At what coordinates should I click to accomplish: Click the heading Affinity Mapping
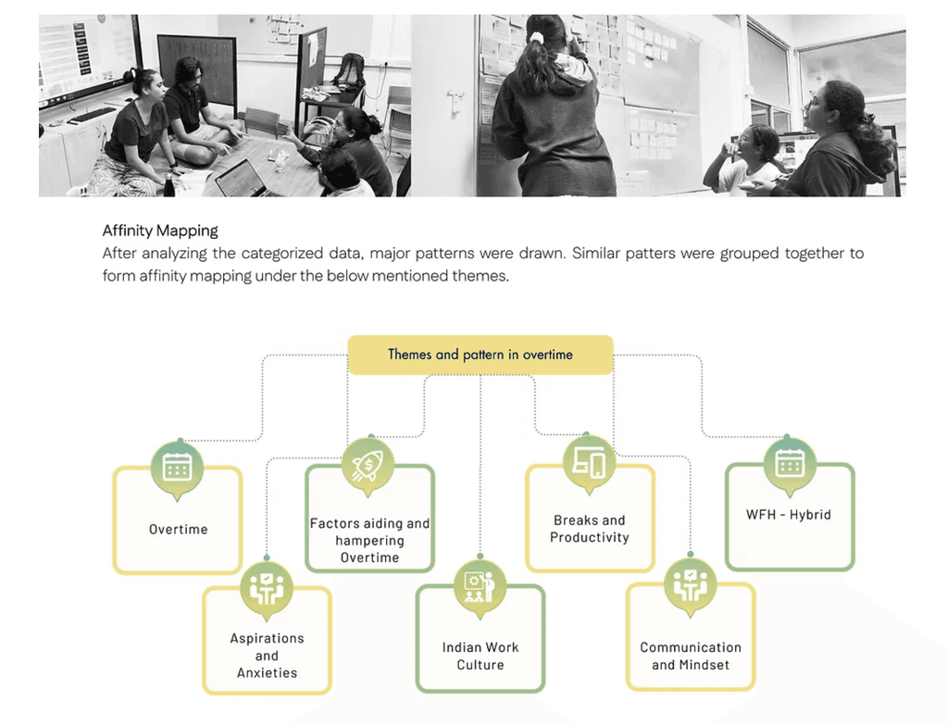pos(160,231)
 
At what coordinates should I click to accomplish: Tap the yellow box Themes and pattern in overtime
pos(480,355)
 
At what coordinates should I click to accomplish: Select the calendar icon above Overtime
pos(177,466)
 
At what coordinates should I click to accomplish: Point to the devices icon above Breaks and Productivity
pos(589,461)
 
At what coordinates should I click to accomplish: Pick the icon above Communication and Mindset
pos(690,585)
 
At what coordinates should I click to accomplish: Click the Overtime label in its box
pos(178,530)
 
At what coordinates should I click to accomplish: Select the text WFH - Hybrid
pos(789,515)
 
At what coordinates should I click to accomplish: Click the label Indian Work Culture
pos(480,655)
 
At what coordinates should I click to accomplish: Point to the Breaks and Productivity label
pos(589,529)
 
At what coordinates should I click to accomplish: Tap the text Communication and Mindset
pos(691,655)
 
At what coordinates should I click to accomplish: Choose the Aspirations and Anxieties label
pos(267,655)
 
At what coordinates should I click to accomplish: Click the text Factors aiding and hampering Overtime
pos(369,541)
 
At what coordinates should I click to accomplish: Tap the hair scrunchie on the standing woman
pos(535,38)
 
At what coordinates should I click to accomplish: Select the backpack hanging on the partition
pos(349,69)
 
